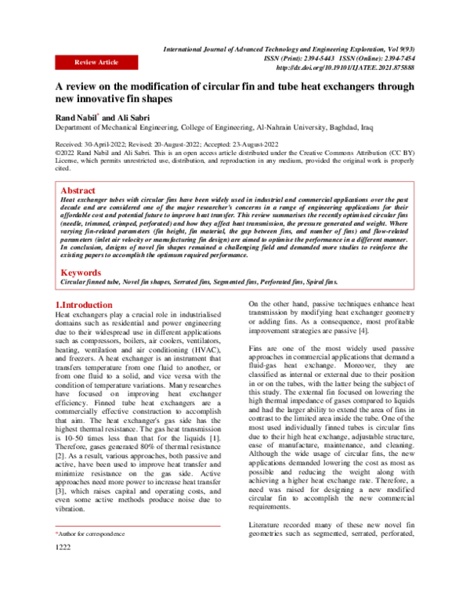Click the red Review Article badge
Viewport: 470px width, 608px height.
click(96, 62)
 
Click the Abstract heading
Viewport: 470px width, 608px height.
click(79, 190)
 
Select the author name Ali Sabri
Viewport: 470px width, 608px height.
click(128, 117)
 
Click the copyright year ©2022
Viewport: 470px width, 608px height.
click(67, 154)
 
